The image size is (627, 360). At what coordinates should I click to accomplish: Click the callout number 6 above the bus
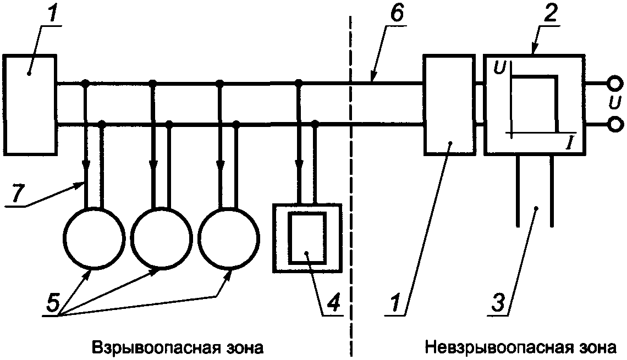pos(396,14)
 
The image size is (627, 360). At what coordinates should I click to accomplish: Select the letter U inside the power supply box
pos(499,68)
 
